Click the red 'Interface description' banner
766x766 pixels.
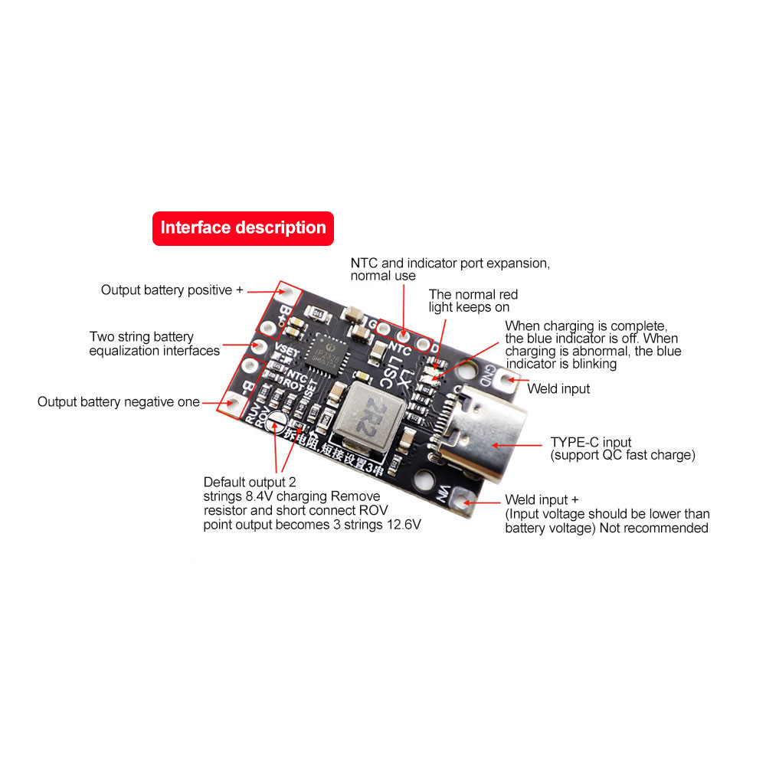243,228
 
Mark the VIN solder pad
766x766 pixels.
461,499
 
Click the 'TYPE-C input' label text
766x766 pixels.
591,442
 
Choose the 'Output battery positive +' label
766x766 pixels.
172,290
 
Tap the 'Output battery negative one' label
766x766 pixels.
119,402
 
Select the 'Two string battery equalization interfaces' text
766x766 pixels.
154,344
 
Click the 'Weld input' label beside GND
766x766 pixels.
558,389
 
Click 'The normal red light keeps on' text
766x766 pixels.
473,300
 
